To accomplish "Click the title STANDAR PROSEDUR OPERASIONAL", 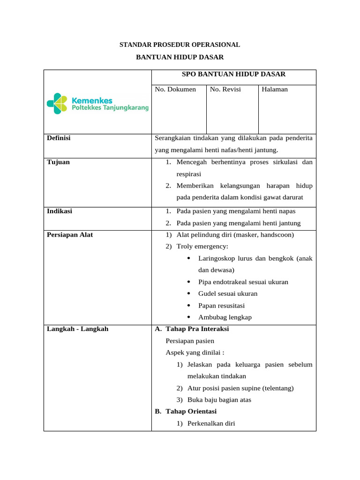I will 180,45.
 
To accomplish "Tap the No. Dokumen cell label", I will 175,89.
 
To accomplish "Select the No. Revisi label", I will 225,89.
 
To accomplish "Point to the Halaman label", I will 275,89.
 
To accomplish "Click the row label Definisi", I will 59,138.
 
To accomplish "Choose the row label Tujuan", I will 58,162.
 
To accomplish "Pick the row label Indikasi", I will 60,211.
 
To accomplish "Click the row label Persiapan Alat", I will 70,235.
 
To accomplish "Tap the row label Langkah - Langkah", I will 77,329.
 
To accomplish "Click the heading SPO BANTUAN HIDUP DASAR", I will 233,74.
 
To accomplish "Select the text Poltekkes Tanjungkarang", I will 110,108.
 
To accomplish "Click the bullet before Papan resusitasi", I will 188,306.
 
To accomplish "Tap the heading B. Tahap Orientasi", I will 186,412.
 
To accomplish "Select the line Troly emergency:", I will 202,247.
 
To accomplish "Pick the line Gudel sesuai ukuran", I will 228,294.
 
